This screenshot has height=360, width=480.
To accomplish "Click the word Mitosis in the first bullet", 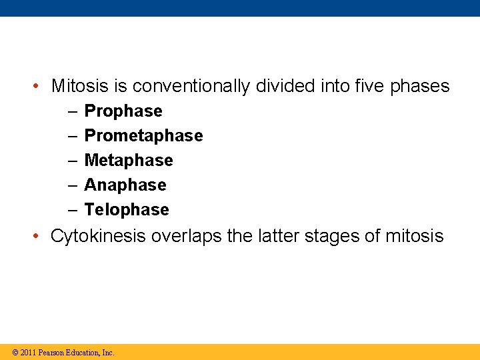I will (x=76, y=87).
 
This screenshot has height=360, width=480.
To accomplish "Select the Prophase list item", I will (x=123, y=111).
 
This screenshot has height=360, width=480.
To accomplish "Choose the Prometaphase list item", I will (x=143, y=136).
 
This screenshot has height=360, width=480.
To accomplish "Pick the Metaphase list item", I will (x=129, y=161).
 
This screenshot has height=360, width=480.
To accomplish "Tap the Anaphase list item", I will (x=125, y=185).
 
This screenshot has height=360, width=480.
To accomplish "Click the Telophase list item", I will (x=127, y=210).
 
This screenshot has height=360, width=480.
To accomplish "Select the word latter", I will (x=277, y=237).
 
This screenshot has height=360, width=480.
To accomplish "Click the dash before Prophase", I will (x=72, y=111).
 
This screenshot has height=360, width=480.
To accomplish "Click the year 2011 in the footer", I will (x=28, y=353).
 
